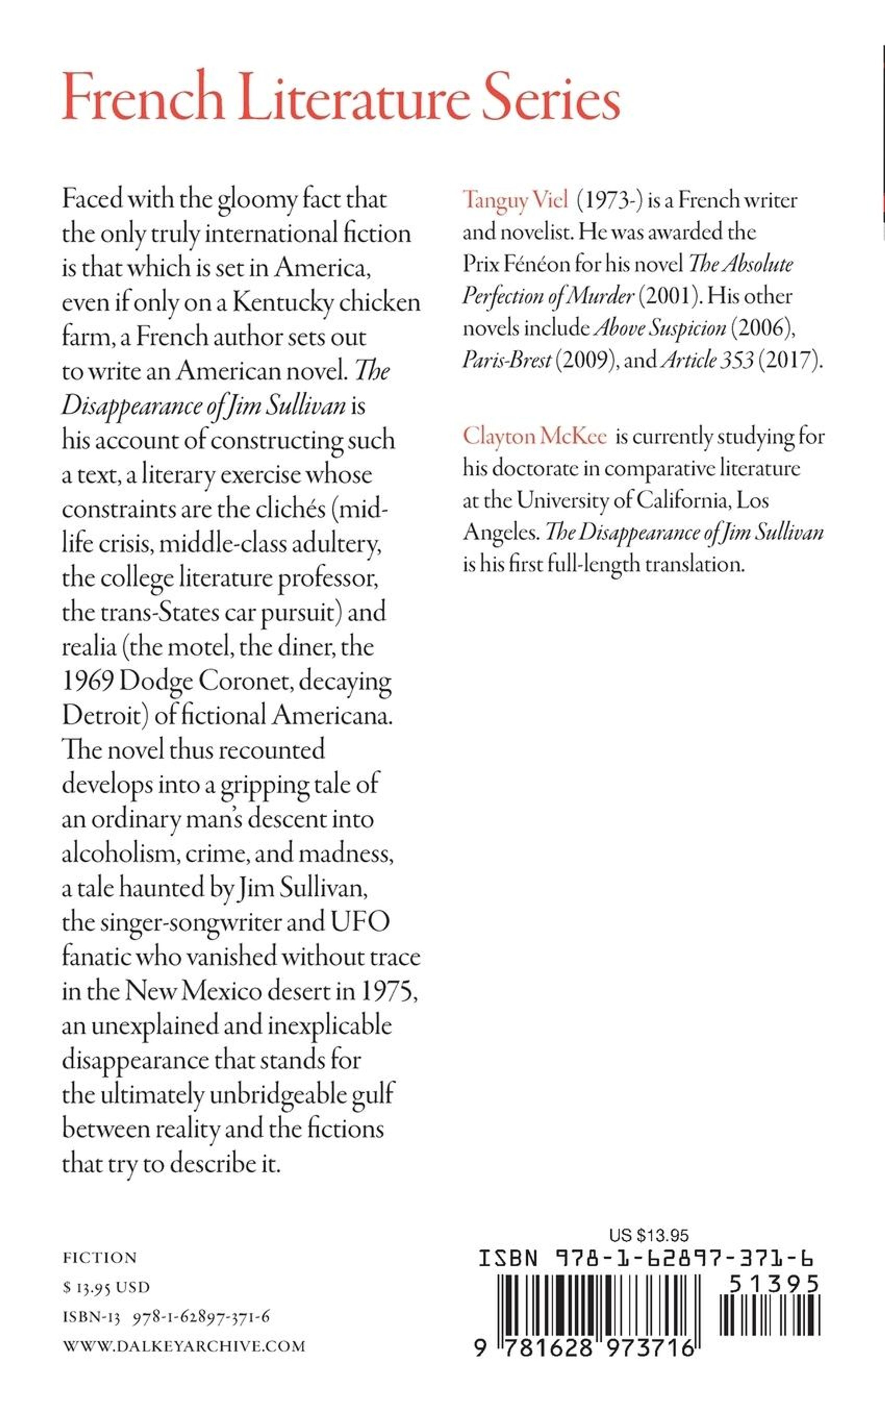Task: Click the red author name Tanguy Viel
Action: (x=515, y=200)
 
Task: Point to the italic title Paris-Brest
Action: (x=507, y=359)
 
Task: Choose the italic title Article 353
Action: (x=707, y=359)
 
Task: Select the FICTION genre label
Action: (x=100, y=1258)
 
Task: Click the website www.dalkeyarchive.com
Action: (x=184, y=1346)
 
